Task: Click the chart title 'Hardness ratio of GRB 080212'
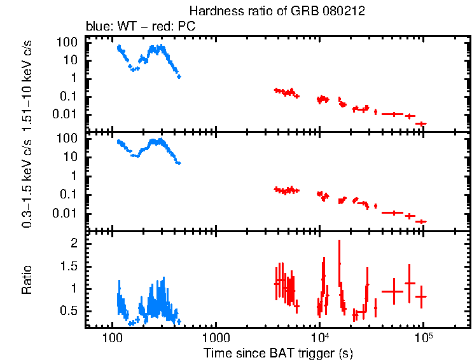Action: pyautogui.click(x=277, y=11)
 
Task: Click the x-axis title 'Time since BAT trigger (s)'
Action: pyautogui.click(x=278, y=352)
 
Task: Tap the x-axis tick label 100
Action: pyautogui.click(x=112, y=336)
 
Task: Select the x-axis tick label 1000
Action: pyautogui.click(x=216, y=336)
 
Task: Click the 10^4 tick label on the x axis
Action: pyautogui.click(x=319, y=335)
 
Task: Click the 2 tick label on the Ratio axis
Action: pyautogui.click(x=73, y=244)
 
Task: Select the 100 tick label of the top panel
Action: pyautogui.click(x=68, y=42)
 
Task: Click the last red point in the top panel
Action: pyautogui.click(x=420, y=123)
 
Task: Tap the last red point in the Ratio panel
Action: pyautogui.click(x=420, y=296)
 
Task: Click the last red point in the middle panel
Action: pyautogui.click(x=420, y=221)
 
